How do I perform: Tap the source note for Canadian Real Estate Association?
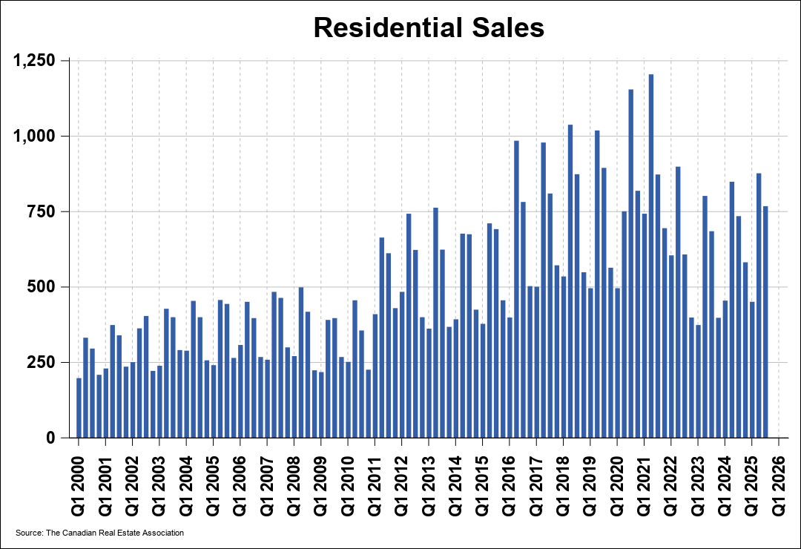click(99, 533)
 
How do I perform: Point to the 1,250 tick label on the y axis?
click(35, 60)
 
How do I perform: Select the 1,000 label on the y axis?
click(35, 136)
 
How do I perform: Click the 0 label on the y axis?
click(50, 438)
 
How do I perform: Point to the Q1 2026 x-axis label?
click(779, 477)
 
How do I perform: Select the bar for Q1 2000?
click(79, 408)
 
